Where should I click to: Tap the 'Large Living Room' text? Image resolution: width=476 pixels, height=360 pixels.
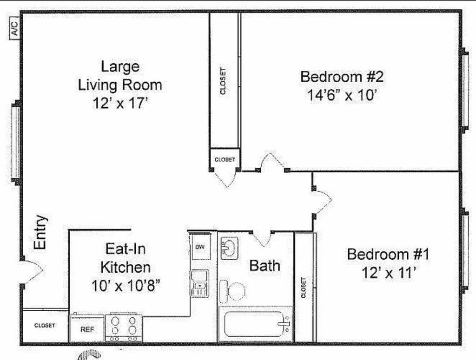120,75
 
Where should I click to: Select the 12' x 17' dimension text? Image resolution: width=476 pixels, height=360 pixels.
120,103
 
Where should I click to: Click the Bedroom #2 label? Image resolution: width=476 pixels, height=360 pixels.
342,76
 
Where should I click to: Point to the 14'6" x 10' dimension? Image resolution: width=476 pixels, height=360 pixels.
342,95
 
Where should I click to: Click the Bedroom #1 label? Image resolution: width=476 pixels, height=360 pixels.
388,255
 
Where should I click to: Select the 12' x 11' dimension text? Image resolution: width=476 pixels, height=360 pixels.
388,273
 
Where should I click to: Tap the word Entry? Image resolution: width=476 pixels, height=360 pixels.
40,232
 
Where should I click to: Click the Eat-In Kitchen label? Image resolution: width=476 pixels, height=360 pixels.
126,258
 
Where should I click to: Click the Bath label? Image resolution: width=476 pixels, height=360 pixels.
265,266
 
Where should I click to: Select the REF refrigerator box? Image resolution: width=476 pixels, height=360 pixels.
87,329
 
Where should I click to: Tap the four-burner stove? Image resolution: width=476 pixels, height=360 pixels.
124,328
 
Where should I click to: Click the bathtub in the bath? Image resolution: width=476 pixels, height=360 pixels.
255,324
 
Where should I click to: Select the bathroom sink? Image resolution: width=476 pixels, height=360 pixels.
229,248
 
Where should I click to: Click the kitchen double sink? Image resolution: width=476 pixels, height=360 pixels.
200,282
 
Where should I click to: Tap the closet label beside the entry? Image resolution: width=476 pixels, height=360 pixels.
45,326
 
